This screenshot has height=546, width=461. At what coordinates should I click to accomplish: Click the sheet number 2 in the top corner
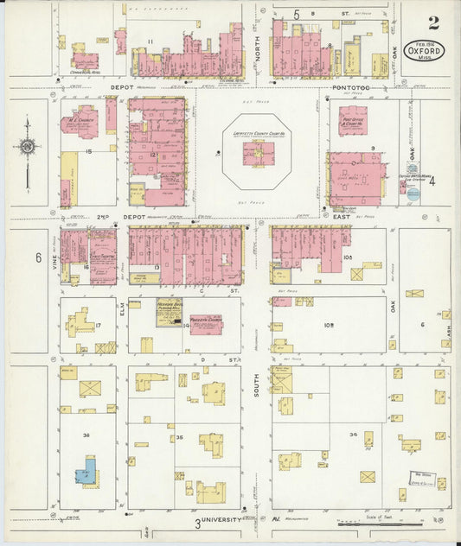432,23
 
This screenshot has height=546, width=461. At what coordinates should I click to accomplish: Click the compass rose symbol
27,148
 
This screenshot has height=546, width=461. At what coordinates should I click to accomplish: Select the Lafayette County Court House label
258,136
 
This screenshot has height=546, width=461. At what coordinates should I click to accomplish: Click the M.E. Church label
83,120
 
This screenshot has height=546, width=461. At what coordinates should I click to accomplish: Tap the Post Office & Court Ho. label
352,122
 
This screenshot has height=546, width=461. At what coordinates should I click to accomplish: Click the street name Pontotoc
349,88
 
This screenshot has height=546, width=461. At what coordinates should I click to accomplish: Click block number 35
179,438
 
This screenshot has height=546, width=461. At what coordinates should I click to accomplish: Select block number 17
99,325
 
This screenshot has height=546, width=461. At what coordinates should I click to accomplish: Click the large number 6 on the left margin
38,257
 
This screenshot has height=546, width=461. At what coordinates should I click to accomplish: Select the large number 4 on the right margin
432,181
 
